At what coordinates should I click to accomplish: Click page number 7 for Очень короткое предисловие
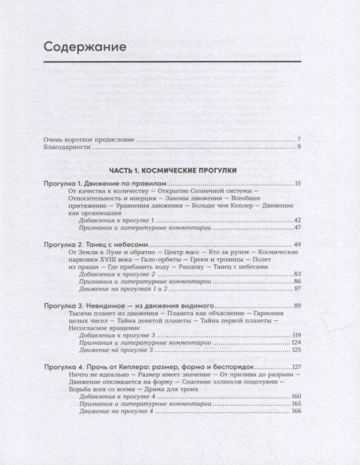pos(298,139)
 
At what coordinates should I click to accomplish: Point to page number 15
pos(296,184)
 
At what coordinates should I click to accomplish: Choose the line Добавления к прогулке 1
pos(110,221)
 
